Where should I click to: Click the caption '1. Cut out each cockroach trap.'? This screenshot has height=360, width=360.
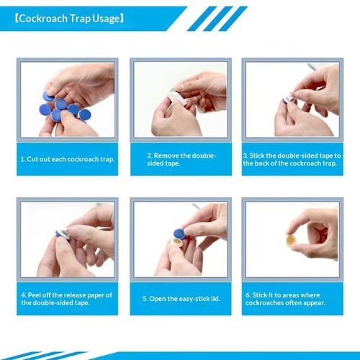tap(68, 159)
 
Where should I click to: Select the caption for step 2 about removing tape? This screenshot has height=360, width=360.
tap(181, 159)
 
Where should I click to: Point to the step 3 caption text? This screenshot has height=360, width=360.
tap(292, 159)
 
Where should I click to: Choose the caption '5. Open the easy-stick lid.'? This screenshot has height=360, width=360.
tap(181, 299)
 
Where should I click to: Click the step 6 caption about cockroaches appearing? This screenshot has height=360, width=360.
tap(285, 299)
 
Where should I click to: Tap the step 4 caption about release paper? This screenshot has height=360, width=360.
tap(66, 299)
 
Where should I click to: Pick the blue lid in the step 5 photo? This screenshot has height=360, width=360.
tap(179, 233)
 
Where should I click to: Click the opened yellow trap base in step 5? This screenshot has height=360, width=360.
tap(178, 243)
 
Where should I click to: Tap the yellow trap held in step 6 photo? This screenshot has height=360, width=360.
tap(292, 240)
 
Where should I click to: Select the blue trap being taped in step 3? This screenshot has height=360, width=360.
tap(287, 101)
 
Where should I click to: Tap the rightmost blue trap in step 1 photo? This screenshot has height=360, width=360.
tap(84, 114)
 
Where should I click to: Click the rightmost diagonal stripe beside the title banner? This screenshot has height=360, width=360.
tap(233, 19)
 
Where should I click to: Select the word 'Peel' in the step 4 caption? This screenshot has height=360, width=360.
tap(34, 295)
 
